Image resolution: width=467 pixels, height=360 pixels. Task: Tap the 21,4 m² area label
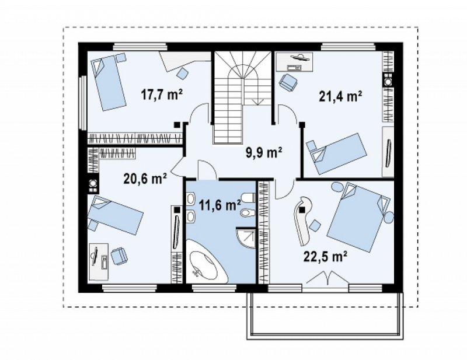pyautogui.click(x=340, y=96)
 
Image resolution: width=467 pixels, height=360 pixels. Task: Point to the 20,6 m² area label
pyautogui.click(x=145, y=179)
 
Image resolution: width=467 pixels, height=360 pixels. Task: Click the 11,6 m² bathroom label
pyautogui.click(x=220, y=205)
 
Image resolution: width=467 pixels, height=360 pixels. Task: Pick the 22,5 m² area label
pyautogui.click(x=326, y=256)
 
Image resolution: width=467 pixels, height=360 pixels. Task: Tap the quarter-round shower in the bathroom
pyautogui.click(x=246, y=238)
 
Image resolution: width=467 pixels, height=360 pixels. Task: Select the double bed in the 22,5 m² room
pyautogui.click(x=359, y=216)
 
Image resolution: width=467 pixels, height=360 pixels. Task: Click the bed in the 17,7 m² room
pyautogui.click(x=109, y=82)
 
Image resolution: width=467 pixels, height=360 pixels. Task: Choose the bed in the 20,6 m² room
pyautogui.click(x=116, y=214)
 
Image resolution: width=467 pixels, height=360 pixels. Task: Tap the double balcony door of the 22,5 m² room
pyautogui.click(x=327, y=278)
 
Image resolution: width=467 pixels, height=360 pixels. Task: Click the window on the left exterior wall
pyautogui.click(x=83, y=103)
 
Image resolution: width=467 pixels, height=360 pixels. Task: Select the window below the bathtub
pyautogui.click(x=214, y=288)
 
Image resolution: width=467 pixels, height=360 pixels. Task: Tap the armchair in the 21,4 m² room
pyautogui.click(x=288, y=81)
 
